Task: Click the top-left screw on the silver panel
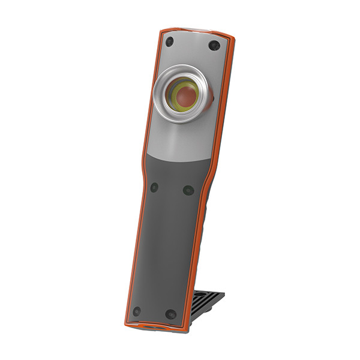pyautogui.click(x=170, y=41)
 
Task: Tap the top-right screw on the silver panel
pyautogui.click(x=212, y=46)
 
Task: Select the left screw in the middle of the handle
pyautogui.click(x=154, y=187)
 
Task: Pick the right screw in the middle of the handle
pyautogui.click(x=188, y=190)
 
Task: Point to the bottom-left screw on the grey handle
pyautogui.click(x=137, y=311)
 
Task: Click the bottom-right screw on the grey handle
pyautogui.click(x=170, y=314)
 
